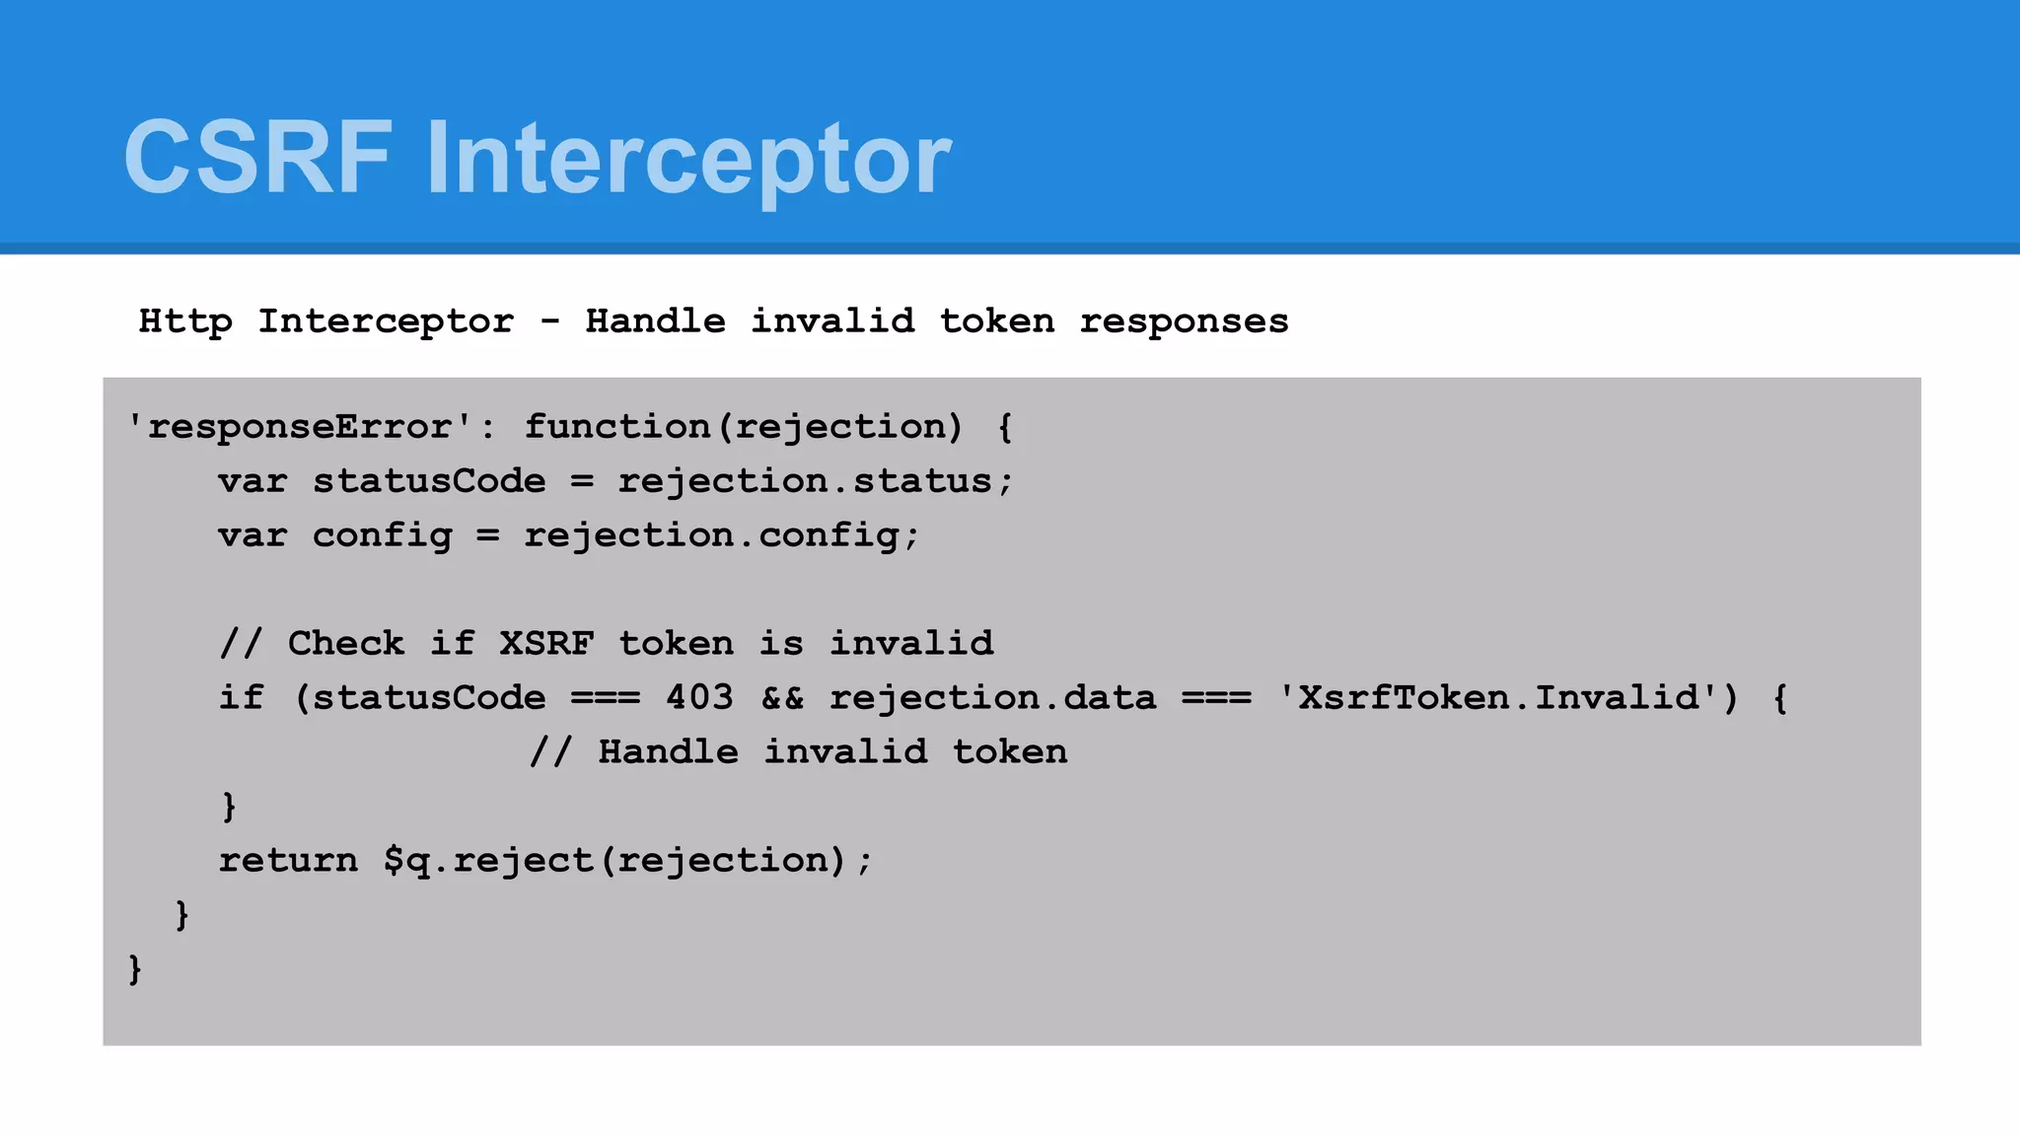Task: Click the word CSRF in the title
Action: point(257,158)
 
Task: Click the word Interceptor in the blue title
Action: point(688,158)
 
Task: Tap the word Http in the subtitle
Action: point(185,321)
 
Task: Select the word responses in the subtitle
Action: point(1184,321)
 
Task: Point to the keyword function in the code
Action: point(616,427)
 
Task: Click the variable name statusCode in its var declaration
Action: point(429,481)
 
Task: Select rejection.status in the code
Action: point(805,481)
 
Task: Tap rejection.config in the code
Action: point(711,535)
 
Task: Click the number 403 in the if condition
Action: point(699,698)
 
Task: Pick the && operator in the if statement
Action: point(782,698)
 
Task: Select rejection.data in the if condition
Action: point(992,698)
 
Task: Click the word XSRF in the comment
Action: point(546,644)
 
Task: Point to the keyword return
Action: point(288,861)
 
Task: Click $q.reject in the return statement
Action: point(488,861)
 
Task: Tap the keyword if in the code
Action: point(241,698)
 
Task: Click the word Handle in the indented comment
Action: point(668,752)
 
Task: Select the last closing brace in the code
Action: point(135,969)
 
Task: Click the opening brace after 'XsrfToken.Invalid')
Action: point(1780,698)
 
